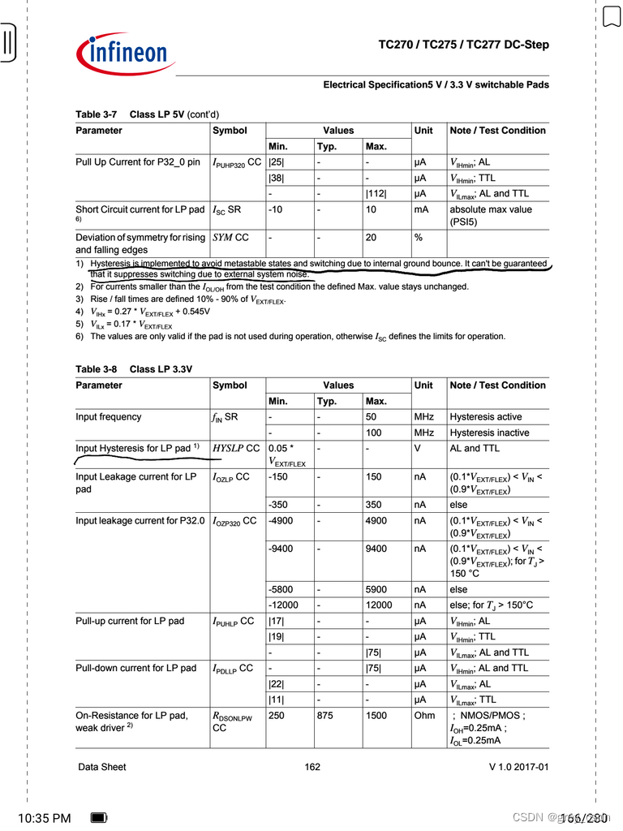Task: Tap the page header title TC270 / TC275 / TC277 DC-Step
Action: [x=463, y=45]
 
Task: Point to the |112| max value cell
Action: [x=377, y=193]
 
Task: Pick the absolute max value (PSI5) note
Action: [x=491, y=214]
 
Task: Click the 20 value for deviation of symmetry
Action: [x=371, y=238]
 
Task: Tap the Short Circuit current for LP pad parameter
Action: [x=140, y=209]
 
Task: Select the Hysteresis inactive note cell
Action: [x=489, y=433]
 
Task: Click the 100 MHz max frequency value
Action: [x=373, y=433]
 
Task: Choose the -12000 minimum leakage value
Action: [x=283, y=605]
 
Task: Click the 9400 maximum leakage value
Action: [x=376, y=548]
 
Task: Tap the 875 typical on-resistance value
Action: [x=327, y=715]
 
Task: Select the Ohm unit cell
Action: [x=425, y=715]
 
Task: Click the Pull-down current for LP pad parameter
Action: [x=135, y=668]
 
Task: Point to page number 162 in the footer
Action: [x=312, y=767]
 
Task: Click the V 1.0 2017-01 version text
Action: [x=518, y=767]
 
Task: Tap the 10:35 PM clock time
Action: [x=44, y=818]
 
